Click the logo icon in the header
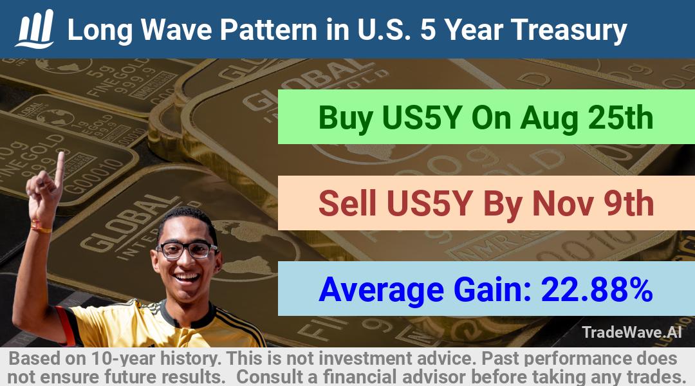[35, 29]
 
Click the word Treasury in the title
[569, 31]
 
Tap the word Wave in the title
[176, 30]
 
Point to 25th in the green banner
[620, 118]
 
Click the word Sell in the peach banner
[347, 203]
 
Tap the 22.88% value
[597, 289]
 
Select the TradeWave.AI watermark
[632, 333]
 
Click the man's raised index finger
[59, 169]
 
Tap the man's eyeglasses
[187, 250]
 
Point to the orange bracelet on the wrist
[41, 228]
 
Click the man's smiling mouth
[188, 277]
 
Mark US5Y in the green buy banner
[422, 118]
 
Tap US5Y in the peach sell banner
[429, 203]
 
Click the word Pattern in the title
[268, 30]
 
